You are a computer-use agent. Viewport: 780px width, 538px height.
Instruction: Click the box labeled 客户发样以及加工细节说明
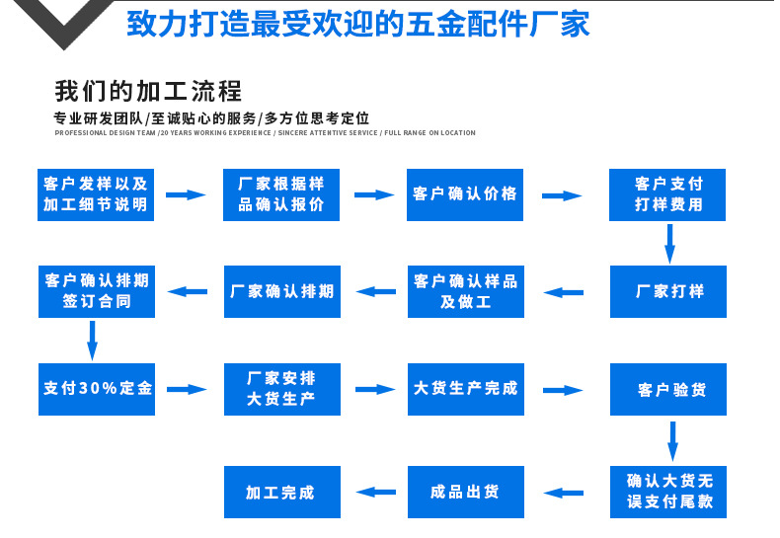(x=96, y=194)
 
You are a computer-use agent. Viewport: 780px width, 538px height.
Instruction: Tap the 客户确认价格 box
(x=465, y=194)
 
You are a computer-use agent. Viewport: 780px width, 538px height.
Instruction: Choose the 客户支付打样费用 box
(x=668, y=194)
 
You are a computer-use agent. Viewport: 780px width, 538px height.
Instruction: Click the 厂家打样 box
(x=668, y=291)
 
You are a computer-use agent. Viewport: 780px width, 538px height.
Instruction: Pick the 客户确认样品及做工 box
(x=465, y=291)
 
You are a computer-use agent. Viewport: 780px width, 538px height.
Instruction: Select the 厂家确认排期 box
(x=281, y=291)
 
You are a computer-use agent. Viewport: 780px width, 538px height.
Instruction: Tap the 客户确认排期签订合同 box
(x=96, y=291)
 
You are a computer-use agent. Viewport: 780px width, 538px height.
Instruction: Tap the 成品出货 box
(x=465, y=492)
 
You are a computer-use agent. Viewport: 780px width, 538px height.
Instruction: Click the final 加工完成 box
(x=281, y=492)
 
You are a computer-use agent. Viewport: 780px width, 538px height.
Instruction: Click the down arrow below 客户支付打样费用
(x=669, y=243)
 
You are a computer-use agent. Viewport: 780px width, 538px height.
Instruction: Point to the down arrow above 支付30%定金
(x=93, y=340)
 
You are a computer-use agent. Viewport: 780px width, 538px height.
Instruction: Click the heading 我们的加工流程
(x=148, y=92)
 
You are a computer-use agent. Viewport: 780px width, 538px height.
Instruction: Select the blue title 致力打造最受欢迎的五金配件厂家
(x=357, y=24)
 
